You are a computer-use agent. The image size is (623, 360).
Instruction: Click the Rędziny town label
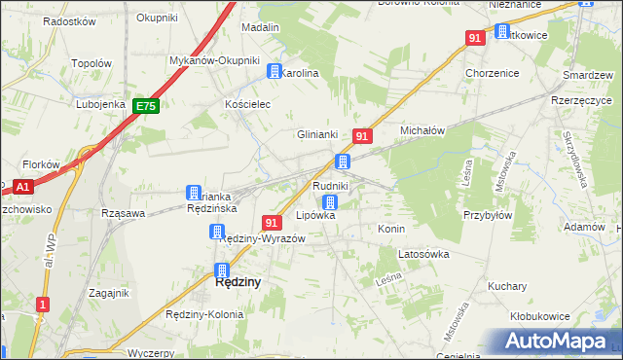[x=237, y=283]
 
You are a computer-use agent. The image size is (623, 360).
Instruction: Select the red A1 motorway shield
[x=23, y=185]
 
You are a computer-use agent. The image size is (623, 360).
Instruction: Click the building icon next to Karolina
[x=275, y=72]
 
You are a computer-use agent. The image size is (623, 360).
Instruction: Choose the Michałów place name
[x=422, y=129]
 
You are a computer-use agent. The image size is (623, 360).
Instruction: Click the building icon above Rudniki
[x=343, y=162]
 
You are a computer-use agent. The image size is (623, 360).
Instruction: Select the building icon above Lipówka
[x=330, y=202]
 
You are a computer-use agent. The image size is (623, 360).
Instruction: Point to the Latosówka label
[x=422, y=254]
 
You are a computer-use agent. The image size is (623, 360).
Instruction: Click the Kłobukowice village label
[x=539, y=316]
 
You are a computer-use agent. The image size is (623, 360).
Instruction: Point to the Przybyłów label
[x=488, y=216]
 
